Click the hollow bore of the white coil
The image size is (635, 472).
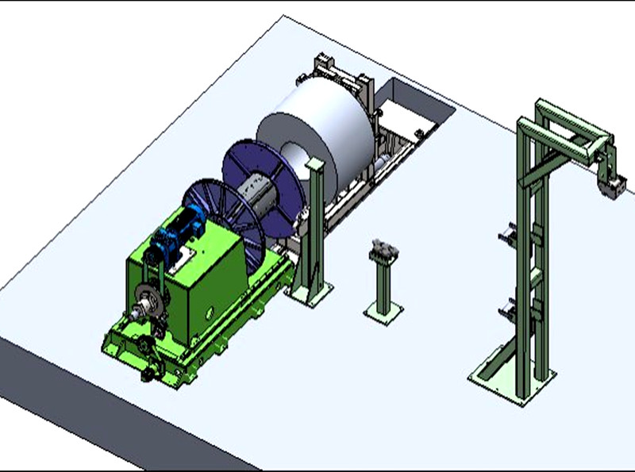pos(294,150)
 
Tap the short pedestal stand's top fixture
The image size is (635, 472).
pos(383,250)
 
